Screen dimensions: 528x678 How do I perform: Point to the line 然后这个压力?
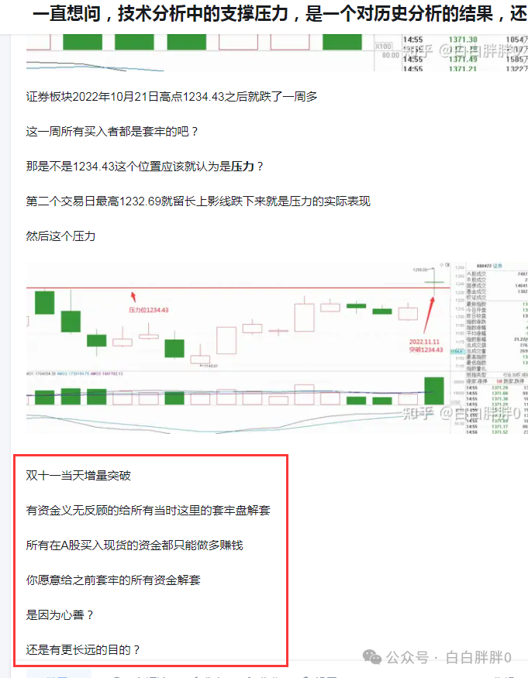[60, 236]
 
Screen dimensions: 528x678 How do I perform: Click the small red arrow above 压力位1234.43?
[133, 296]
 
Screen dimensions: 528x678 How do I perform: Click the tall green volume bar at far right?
[434, 390]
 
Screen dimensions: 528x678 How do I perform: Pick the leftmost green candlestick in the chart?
[44, 301]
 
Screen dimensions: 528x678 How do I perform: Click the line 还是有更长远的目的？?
[84, 649]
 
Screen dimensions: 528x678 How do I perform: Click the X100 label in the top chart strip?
[383, 46]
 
